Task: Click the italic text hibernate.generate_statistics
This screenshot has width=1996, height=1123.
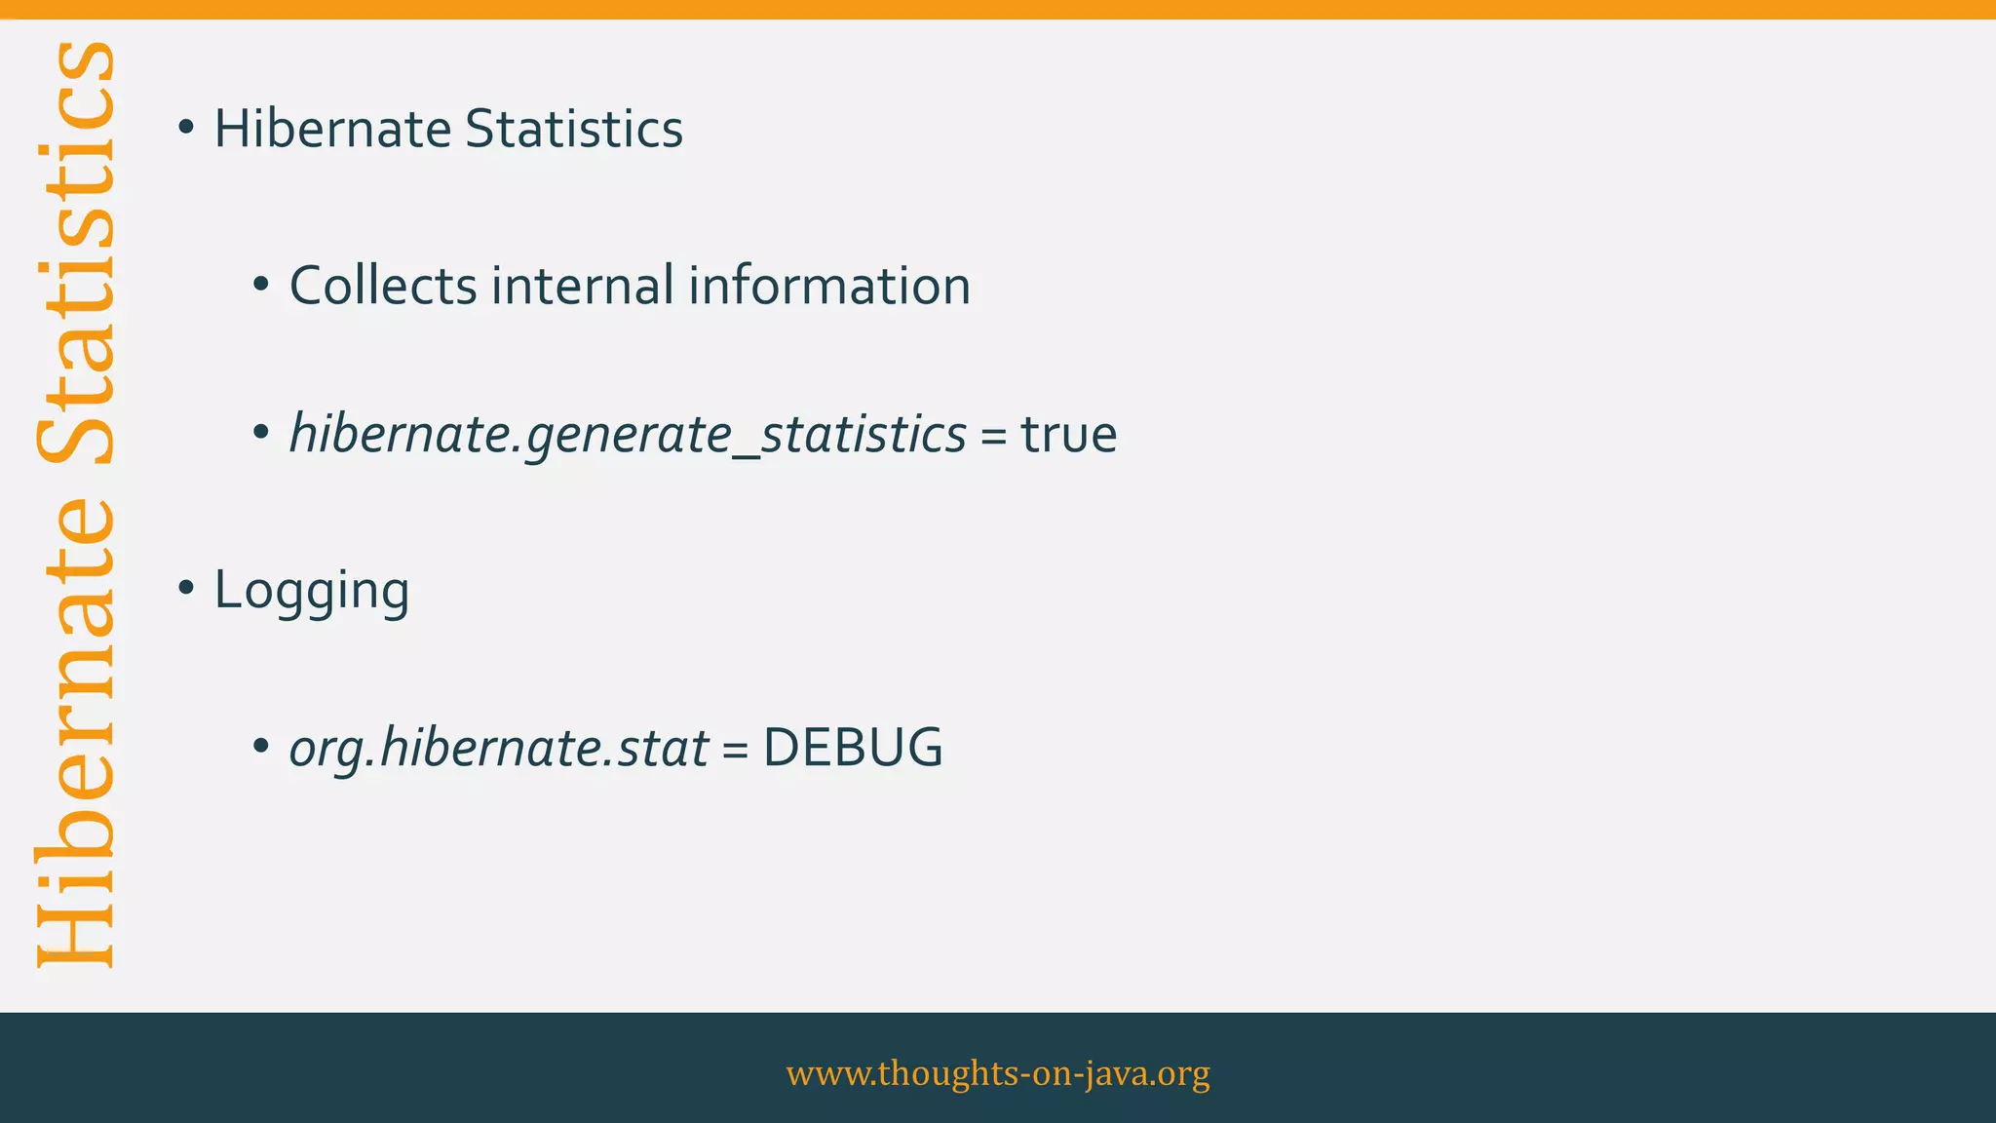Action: pyautogui.click(x=628, y=435)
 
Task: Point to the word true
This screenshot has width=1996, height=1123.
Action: pyautogui.click(x=1068, y=435)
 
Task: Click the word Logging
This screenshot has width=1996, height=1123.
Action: pyautogui.click(x=311, y=591)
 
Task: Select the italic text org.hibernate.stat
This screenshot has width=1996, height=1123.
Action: pyautogui.click(x=498, y=749)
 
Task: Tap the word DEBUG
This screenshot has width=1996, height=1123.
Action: pyautogui.click(x=852, y=749)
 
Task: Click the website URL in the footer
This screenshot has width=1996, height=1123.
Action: pyautogui.click(x=998, y=1072)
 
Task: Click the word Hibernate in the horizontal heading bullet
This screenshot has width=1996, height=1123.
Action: pyautogui.click(x=331, y=129)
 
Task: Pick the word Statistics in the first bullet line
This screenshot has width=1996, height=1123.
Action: pyautogui.click(x=574, y=129)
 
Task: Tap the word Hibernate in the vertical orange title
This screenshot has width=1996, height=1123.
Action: pyautogui.click(x=76, y=731)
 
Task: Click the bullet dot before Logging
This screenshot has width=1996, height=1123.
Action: pyautogui.click(x=186, y=588)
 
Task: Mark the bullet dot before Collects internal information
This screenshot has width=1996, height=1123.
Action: pyautogui.click(x=260, y=285)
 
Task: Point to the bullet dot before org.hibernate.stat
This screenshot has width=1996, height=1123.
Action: pyautogui.click(x=260, y=747)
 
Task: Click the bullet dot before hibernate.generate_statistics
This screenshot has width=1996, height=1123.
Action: pyautogui.click(x=260, y=432)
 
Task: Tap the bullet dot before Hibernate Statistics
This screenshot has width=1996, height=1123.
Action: pyautogui.click(x=186, y=127)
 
